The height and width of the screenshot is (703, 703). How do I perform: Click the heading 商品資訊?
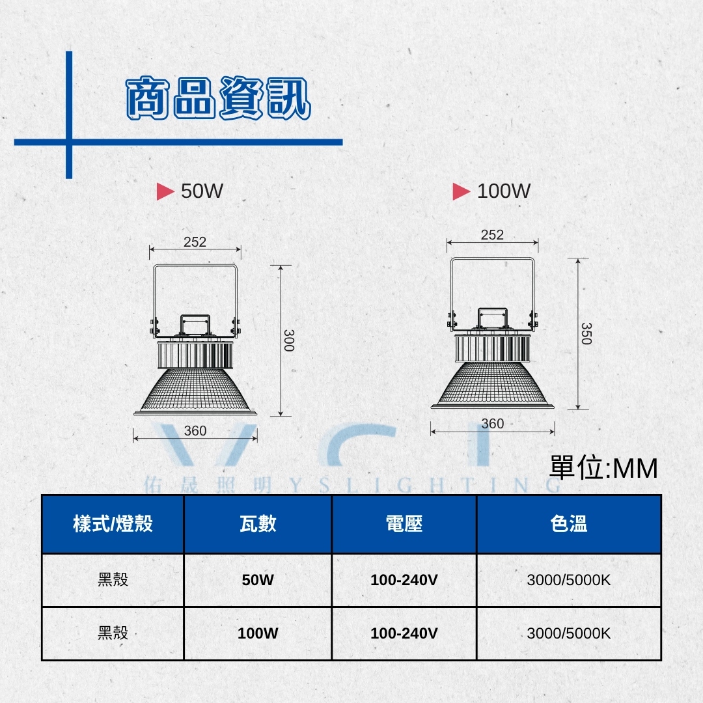[x=218, y=98]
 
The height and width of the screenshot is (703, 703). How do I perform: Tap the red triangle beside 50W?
[x=165, y=191]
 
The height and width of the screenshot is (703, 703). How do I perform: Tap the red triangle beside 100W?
[x=462, y=191]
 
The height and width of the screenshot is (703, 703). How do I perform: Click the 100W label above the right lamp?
[x=503, y=191]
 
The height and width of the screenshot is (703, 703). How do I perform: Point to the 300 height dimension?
[x=289, y=340]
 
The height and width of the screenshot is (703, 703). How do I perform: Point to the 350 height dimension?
[x=586, y=333]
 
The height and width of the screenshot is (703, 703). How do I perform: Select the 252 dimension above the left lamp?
[x=195, y=242]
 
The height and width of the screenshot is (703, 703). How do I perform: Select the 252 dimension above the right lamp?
[x=492, y=235]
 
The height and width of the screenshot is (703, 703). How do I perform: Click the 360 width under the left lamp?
[x=195, y=431]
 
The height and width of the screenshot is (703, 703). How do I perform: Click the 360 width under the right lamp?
[x=492, y=424]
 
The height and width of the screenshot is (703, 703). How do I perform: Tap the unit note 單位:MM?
[x=603, y=468]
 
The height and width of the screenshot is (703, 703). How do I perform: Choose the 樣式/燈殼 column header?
[x=113, y=523]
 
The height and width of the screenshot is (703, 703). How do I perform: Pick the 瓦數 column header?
[x=258, y=523]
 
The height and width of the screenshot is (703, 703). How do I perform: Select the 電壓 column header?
[x=404, y=523]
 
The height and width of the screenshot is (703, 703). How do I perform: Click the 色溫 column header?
[x=568, y=523]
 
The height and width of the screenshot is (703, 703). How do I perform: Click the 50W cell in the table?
[x=258, y=580]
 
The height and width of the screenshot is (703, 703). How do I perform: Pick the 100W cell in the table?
[x=258, y=633]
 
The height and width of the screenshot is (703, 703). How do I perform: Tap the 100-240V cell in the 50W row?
[x=404, y=580]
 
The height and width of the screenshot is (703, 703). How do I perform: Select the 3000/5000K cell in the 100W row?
[x=568, y=633]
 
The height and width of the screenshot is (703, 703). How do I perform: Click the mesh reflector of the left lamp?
[x=195, y=389]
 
